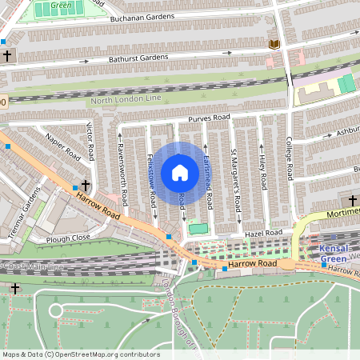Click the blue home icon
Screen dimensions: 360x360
pos(180,172)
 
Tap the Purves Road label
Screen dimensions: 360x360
pos(209,118)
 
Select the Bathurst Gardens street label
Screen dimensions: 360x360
pos(139,58)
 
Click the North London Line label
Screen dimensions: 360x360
pos(125,100)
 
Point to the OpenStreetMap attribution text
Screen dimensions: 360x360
pos(81,354)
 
